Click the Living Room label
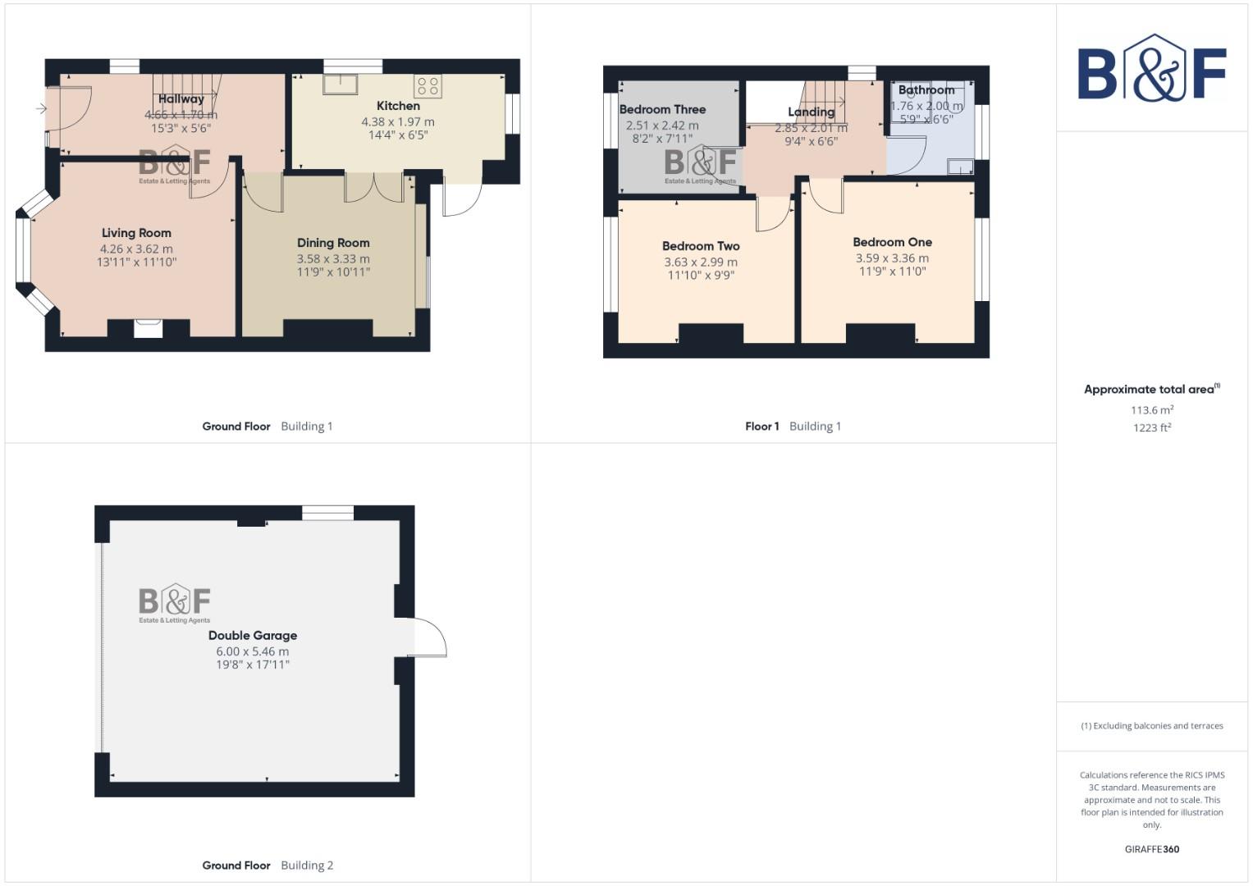(136, 233)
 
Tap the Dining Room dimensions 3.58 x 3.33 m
(333, 258)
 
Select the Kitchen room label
(398, 106)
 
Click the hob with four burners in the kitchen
(428, 85)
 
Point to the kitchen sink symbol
(340, 84)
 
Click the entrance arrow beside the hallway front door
(41, 108)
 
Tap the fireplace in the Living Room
(149, 328)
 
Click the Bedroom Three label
(662, 109)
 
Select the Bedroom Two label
(701, 246)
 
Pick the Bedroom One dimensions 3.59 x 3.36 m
(892, 258)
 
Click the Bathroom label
(926, 90)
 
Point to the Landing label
(811, 112)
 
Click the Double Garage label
(253, 636)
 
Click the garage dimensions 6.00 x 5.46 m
(253, 651)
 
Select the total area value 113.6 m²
(1151, 410)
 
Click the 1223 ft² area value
(1151, 427)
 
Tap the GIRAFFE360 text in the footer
(1151, 849)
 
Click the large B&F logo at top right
(1151, 68)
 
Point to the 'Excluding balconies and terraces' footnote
(1151, 726)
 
